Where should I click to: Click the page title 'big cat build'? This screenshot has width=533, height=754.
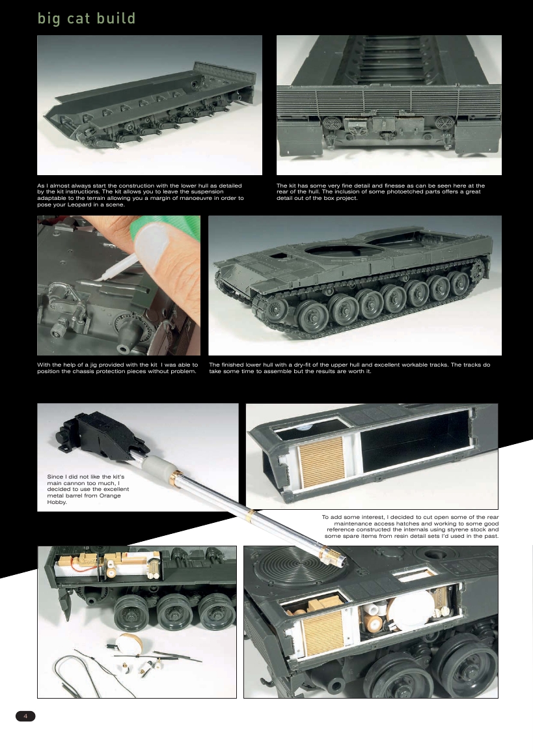[x=87, y=18]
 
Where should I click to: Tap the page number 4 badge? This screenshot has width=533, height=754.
[x=25, y=716]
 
